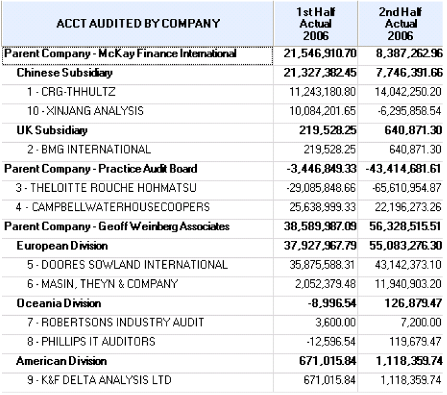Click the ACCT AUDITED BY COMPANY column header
click(137, 23)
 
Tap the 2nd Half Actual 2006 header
click(400, 23)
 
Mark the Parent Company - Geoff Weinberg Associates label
click(117, 226)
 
